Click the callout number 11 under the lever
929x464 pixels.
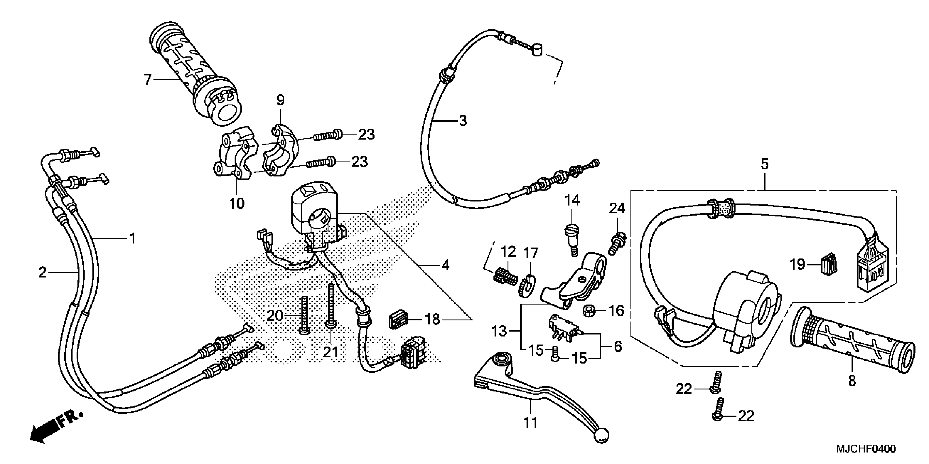coord(530,422)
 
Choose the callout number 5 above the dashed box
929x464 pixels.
coord(765,164)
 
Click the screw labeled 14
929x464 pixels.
coord(570,237)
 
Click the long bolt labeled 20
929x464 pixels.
coord(304,315)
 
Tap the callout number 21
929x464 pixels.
coord(330,352)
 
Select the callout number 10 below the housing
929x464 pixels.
coord(237,204)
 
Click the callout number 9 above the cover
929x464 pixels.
coord(281,100)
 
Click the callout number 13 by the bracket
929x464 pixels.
coord(499,331)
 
